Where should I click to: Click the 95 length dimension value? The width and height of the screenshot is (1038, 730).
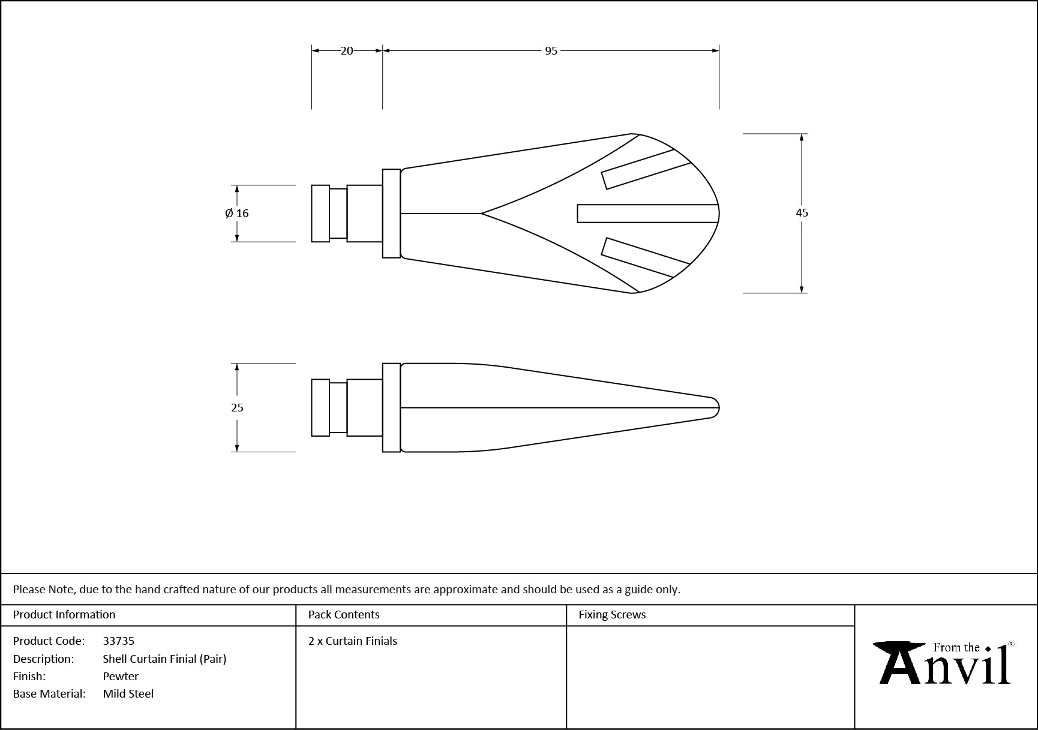point(551,51)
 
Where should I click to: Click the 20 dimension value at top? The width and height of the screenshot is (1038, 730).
point(347,51)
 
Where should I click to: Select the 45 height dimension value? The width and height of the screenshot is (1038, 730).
point(802,212)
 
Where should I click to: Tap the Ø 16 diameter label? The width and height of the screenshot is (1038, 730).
point(237,213)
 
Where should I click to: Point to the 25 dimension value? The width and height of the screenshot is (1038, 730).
point(237,407)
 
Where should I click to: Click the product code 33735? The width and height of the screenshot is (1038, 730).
point(119,641)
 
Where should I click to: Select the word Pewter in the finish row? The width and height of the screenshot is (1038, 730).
point(121,676)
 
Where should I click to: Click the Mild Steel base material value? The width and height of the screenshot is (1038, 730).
point(128,693)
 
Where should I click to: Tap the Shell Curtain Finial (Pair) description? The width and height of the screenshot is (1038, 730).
point(164,659)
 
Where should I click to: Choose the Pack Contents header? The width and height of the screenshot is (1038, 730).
point(344,614)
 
